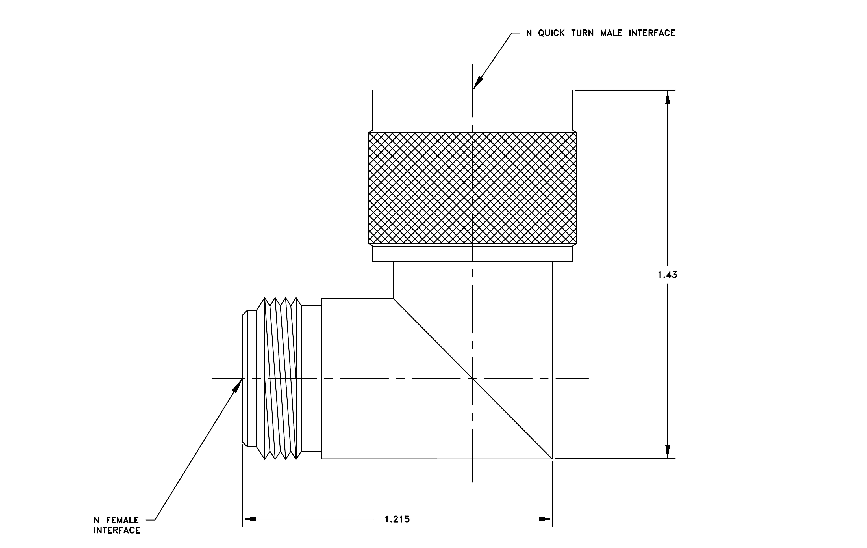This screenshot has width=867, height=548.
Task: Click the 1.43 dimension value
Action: (668, 275)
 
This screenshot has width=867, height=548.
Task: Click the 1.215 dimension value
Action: (397, 519)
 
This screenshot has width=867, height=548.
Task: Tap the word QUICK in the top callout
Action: (551, 33)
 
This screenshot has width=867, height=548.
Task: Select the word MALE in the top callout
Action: (611, 33)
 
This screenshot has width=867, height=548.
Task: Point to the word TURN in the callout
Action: (583, 33)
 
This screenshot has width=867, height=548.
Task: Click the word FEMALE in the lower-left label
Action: (122, 520)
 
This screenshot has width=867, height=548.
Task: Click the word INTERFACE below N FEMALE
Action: (117, 530)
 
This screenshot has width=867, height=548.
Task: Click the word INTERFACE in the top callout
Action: (652, 33)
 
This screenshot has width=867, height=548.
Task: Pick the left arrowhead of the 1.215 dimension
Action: (249, 519)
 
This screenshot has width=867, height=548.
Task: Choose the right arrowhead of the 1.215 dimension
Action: (546, 519)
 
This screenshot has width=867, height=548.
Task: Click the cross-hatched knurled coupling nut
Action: (472, 188)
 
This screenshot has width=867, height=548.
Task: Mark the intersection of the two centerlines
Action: (473, 378)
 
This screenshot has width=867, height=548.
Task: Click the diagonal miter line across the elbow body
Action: (473, 378)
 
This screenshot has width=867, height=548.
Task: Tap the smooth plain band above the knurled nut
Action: (472, 110)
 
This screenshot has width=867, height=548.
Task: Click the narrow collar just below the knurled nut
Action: (472, 254)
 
